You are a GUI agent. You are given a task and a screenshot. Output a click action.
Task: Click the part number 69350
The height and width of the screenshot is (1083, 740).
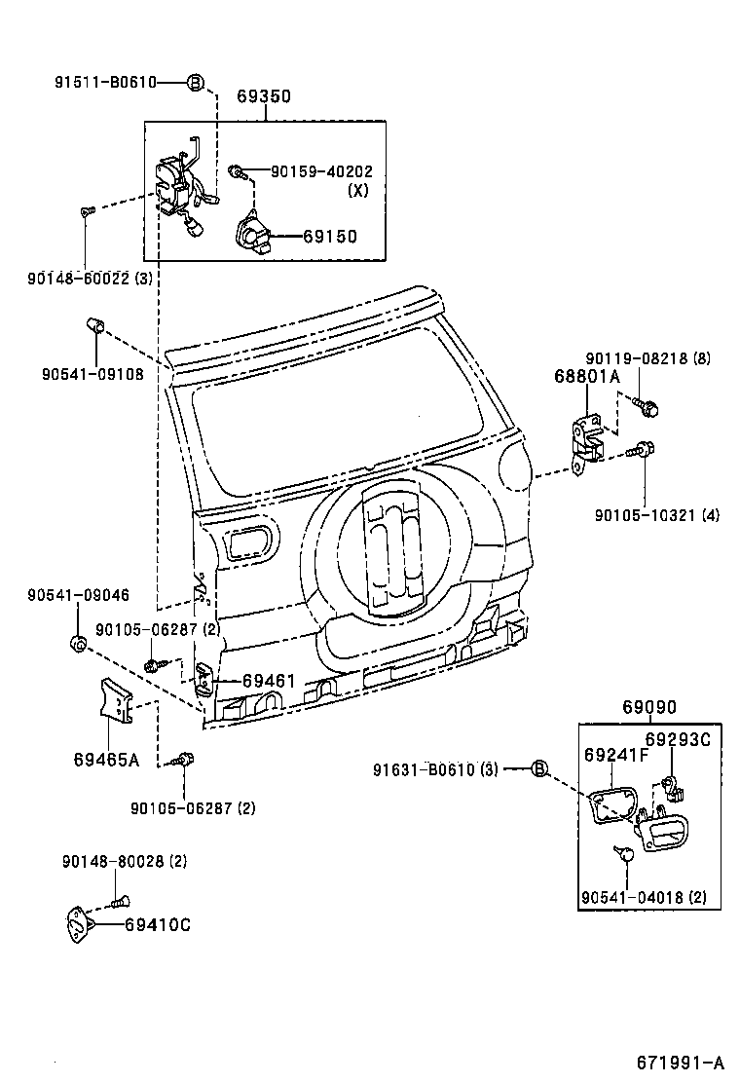[x=264, y=97]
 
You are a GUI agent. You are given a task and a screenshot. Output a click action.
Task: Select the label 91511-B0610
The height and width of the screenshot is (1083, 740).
[x=105, y=83]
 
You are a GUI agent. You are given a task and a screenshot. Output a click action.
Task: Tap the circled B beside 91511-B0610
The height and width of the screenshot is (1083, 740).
[x=195, y=83]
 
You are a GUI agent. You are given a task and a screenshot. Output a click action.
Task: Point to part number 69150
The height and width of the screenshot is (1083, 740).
[x=329, y=237]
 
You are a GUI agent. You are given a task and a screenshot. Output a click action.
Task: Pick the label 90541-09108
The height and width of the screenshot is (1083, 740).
[x=92, y=373]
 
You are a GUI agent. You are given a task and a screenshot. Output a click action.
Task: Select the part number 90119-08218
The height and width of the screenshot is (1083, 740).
[x=637, y=358]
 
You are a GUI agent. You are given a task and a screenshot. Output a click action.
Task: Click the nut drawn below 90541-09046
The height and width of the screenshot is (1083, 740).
[x=80, y=643]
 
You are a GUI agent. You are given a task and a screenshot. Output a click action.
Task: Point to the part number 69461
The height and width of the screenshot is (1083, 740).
[x=268, y=682]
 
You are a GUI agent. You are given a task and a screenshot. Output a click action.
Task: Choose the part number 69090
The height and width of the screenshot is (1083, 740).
[x=649, y=708]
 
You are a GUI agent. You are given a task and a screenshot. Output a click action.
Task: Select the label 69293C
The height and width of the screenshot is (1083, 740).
[x=679, y=739]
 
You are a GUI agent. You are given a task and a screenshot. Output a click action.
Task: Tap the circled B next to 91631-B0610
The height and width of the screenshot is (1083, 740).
[x=539, y=769]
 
